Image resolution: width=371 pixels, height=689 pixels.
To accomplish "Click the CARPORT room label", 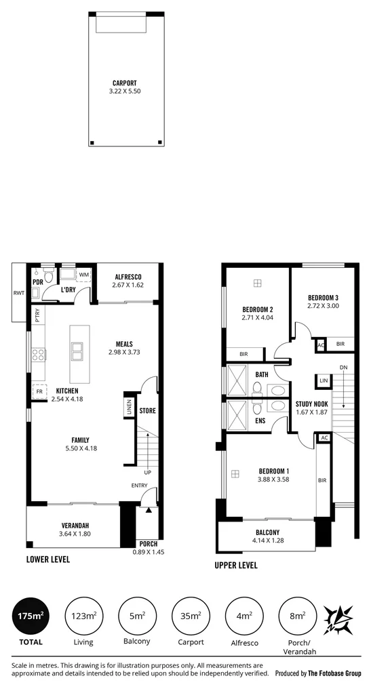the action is (124, 83).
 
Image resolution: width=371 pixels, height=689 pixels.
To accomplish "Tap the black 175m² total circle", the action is (31, 616).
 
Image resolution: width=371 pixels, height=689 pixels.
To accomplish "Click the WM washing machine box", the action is (83, 275).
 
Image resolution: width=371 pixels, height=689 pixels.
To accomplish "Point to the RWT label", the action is (19, 293).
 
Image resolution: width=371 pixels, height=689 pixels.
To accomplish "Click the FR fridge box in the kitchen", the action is (39, 391).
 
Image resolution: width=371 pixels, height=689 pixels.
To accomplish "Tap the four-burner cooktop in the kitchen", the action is (38, 355).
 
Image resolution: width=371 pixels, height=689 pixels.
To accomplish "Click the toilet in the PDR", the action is (48, 275).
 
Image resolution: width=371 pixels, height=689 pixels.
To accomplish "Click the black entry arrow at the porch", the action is (149, 510).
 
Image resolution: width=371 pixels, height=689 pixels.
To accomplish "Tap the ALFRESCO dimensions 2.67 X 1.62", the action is (128, 285).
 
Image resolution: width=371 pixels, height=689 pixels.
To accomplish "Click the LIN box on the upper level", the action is (324, 380).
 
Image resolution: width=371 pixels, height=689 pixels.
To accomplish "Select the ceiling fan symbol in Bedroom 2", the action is (257, 283).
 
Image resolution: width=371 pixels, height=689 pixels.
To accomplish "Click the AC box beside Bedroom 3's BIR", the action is (321, 345).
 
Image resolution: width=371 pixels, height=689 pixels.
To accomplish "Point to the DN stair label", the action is (343, 368).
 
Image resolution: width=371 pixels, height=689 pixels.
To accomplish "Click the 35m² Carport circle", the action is (191, 616).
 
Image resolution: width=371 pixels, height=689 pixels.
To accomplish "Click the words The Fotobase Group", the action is (334, 673).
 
